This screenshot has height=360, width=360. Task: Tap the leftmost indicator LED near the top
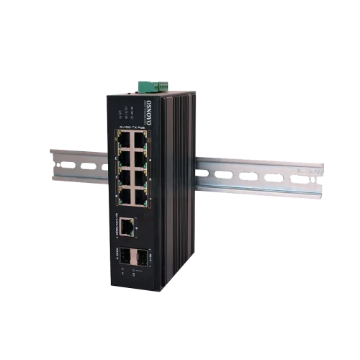point(120,113)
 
